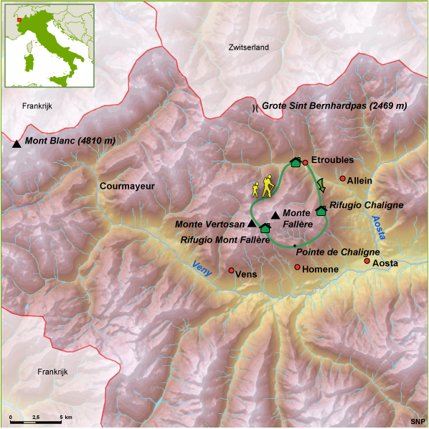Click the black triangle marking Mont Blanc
(x=16, y=143)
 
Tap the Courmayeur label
(x=127, y=186)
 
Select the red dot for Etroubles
(x=305, y=162)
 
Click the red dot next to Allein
(x=343, y=179)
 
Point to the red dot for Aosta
(x=367, y=261)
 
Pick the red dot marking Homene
(x=298, y=268)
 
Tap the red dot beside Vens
(x=231, y=270)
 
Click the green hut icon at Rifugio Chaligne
(x=321, y=209)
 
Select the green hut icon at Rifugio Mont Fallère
(x=265, y=228)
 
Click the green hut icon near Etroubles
(x=294, y=163)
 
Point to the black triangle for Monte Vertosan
(x=252, y=224)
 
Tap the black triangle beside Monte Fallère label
(x=275, y=215)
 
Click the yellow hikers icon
(x=264, y=187)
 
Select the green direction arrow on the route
(x=321, y=185)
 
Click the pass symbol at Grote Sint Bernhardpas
(x=255, y=108)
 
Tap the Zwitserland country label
(x=248, y=47)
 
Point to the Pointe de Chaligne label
(x=337, y=252)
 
